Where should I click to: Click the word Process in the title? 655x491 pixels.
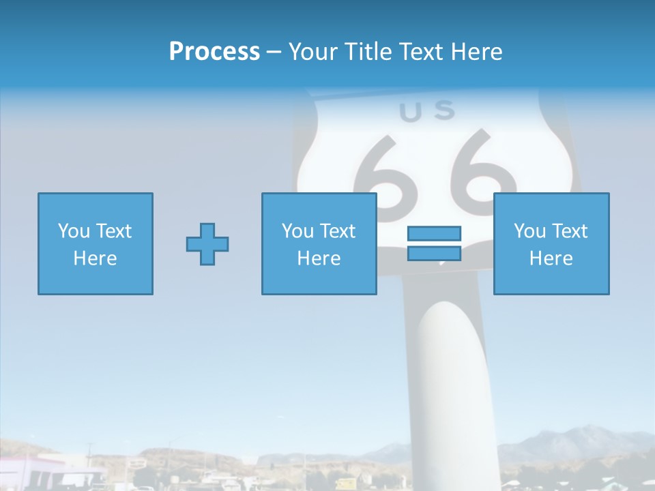[x=214, y=52]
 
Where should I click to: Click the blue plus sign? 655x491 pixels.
[x=207, y=244]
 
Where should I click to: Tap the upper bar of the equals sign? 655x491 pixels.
[x=434, y=234]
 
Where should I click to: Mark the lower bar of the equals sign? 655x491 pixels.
[x=434, y=253]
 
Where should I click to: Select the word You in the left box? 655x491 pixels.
[x=74, y=231]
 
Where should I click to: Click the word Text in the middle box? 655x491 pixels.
[x=338, y=231]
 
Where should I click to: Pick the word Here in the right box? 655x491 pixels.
[x=551, y=258]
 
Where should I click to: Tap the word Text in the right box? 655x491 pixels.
[x=570, y=231]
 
